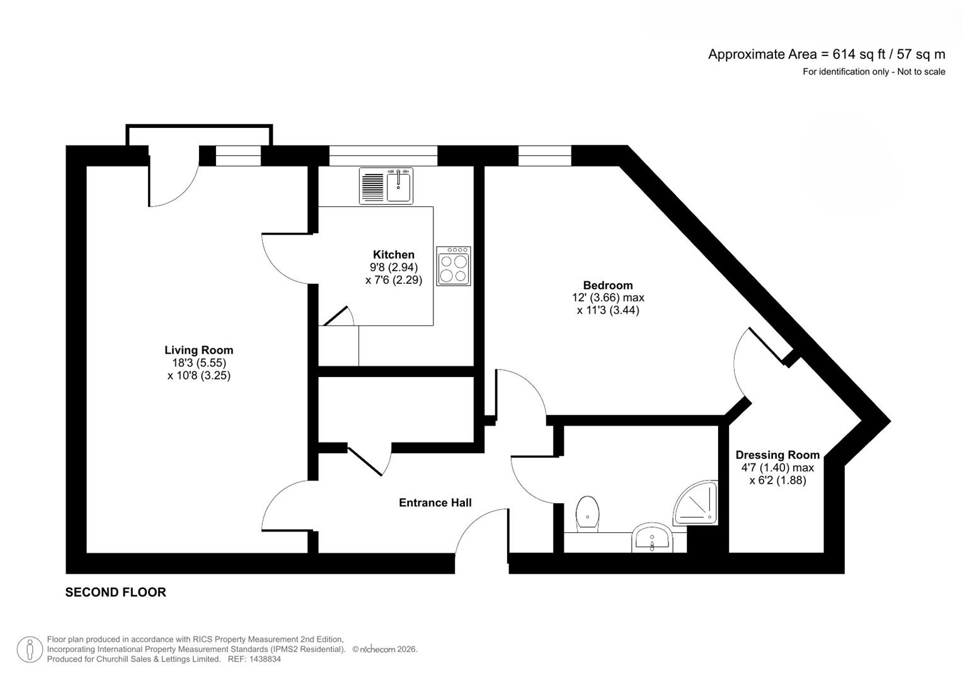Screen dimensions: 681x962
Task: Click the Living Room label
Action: [x=198, y=350]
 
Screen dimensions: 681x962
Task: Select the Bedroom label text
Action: [x=607, y=285]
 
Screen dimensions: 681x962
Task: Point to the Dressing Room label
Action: [x=777, y=455]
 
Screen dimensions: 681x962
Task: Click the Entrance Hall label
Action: [x=435, y=503]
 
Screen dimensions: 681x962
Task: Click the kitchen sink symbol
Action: [x=386, y=186]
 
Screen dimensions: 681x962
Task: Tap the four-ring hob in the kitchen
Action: [x=454, y=266]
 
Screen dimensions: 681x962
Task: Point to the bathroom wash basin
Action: [x=653, y=538]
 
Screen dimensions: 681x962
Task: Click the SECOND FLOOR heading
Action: [x=115, y=592]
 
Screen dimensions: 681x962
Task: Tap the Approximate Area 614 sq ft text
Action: [x=826, y=54]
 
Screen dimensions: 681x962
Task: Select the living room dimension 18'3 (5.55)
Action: [x=198, y=363]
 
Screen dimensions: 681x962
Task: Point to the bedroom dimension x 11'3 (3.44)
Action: [x=607, y=310]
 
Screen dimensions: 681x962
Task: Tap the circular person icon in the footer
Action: [x=30, y=649]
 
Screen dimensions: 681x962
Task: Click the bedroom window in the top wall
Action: [x=544, y=155]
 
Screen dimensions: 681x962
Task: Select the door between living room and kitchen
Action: [x=287, y=259]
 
